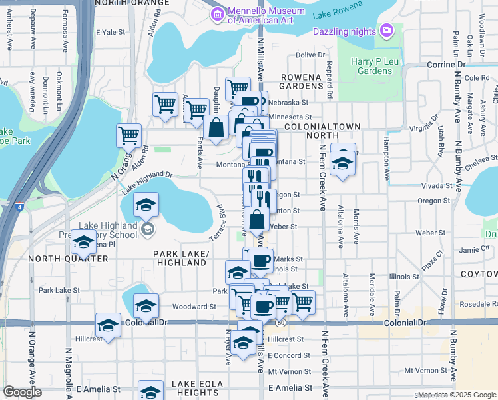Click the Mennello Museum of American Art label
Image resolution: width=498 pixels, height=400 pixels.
click(x=260, y=15)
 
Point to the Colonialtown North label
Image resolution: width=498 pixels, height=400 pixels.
click(x=322, y=131)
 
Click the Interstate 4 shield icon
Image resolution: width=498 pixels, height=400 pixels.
click(x=21, y=207)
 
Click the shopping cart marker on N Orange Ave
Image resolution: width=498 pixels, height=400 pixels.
click(x=129, y=135)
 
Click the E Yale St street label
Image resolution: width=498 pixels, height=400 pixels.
click(x=111, y=32)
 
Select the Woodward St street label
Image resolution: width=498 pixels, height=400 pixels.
click(x=194, y=307)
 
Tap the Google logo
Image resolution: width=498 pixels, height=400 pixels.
click(x=22, y=392)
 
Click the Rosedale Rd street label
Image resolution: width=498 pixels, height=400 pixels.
click(x=473, y=303)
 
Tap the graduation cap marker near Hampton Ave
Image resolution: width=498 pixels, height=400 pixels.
click(x=343, y=163)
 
